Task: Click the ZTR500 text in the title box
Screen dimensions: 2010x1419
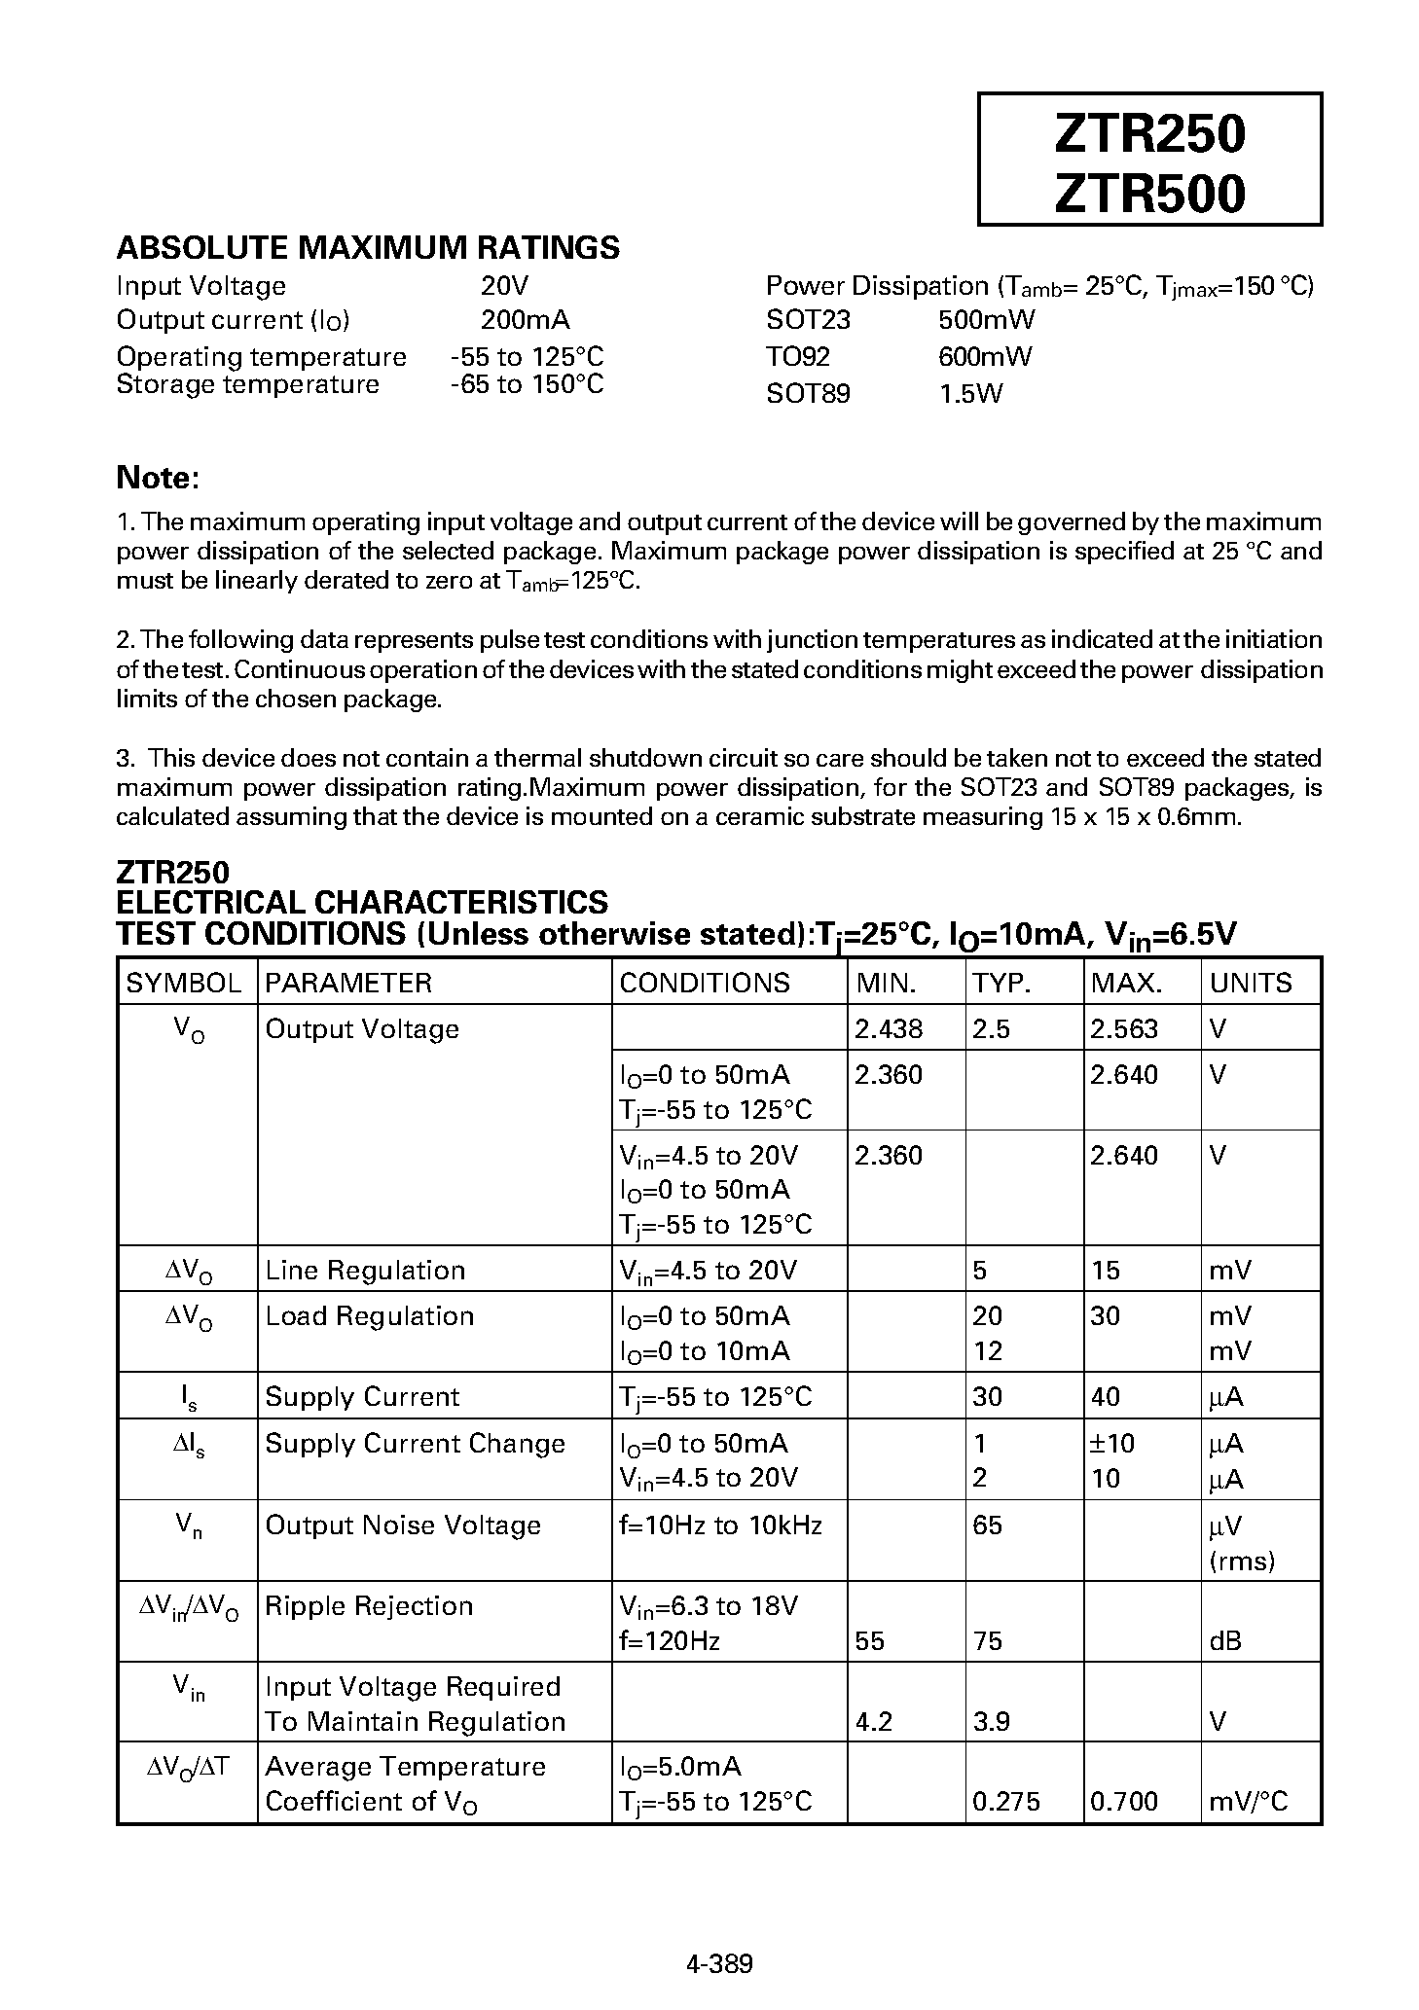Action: pos(1149,193)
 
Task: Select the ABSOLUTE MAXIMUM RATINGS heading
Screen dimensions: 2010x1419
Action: pos(368,248)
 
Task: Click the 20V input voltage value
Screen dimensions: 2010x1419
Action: pos(504,286)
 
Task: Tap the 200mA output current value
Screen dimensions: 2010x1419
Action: pos(526,320)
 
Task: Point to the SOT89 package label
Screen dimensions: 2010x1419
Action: pos(808,394)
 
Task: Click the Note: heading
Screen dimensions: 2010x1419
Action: pos(158,478)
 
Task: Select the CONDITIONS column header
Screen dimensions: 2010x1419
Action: pos(705,983)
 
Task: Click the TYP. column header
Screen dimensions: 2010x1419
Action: pos(1001,983)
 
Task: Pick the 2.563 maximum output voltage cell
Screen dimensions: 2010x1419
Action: pos(1124,1029)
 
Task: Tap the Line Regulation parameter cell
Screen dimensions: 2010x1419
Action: pos(365,1271)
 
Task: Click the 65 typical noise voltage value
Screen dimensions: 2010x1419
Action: pos(987,1525)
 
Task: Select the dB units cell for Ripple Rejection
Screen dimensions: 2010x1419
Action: pos(1225,1641)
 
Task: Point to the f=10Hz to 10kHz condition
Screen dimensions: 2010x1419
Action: pos(720,1525)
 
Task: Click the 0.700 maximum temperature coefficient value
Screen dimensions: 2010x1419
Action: pos(1124,1802)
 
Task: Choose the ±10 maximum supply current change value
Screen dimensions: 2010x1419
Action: pos(1112,1444)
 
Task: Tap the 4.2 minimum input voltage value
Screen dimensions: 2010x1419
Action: pos(873,1722)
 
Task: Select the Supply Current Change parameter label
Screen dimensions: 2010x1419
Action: pos(415,1444)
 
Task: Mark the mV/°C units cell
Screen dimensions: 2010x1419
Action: pos(1248,1802)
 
